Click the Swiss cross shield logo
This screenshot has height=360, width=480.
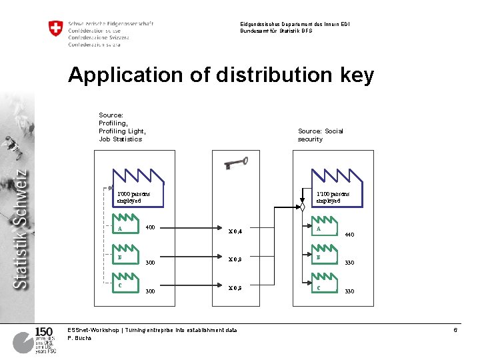[55, 29]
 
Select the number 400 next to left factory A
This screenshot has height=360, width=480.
[150, 227]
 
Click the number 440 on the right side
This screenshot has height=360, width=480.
[349, 235]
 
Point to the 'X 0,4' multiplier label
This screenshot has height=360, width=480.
[235, 231]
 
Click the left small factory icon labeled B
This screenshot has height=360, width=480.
[125, 257]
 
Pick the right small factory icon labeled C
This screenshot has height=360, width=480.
[325, 286]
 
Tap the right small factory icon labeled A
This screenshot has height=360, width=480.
[325, 229]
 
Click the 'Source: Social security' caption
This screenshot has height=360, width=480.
[320, 135]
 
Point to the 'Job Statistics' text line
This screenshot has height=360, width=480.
[120, 139]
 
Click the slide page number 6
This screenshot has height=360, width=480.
[455, 330]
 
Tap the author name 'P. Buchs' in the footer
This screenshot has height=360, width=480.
[79, 338]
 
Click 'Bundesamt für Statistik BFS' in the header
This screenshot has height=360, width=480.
[276, 31]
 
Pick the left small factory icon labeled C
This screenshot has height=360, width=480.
[125, 286]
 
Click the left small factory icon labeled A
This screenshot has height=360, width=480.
[125, 229]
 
